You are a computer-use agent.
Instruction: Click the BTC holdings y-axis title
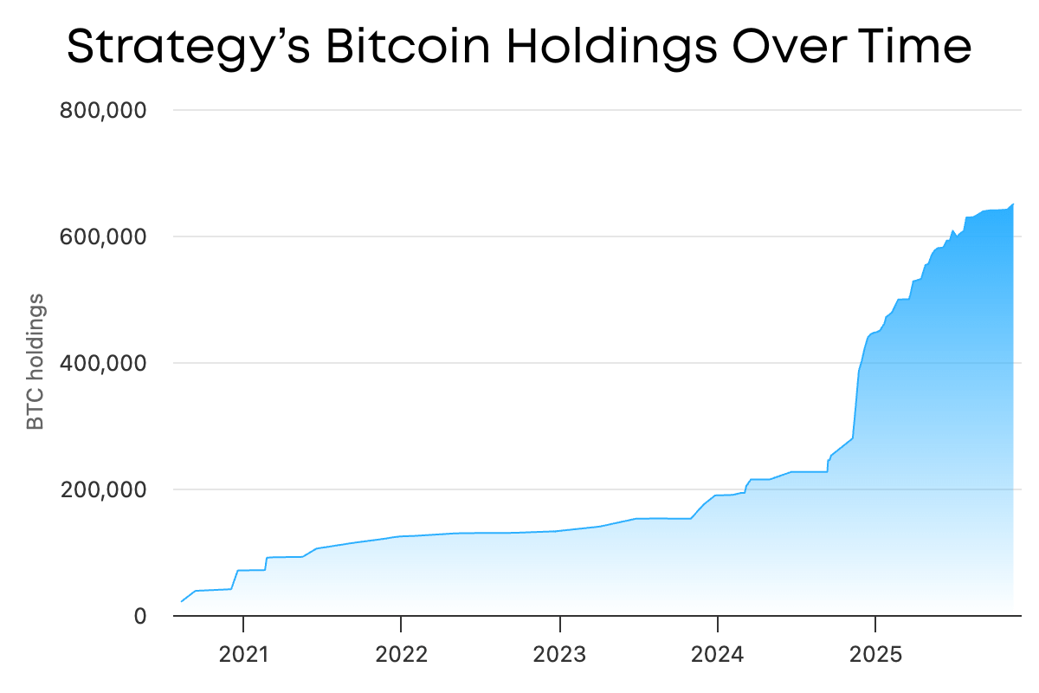coord(35,362)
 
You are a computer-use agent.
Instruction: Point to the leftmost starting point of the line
coord(181,601)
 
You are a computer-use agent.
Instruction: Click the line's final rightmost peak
coord(1013,204)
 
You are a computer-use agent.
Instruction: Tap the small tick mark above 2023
coord(559,621)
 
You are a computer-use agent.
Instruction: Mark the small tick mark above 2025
coord(875,621)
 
